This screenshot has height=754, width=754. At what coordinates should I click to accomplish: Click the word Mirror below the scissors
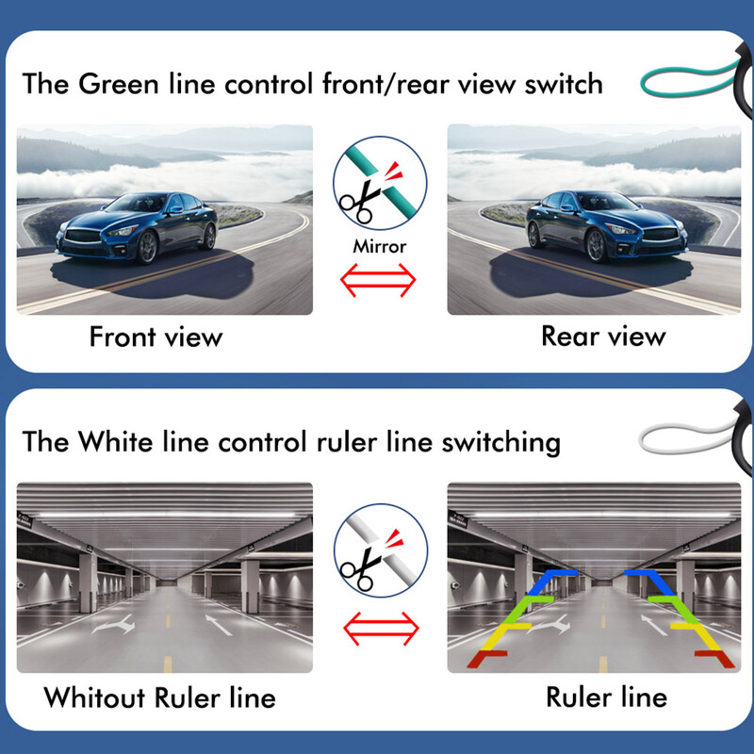click(380, 247)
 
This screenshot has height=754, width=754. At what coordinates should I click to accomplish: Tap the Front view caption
click(156, 336)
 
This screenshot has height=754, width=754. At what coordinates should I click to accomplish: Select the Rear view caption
click(603, 336)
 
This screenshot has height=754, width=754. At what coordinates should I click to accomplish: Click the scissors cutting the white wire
click(359, 565)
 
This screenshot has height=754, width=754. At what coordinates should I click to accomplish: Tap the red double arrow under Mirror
click(380, 278)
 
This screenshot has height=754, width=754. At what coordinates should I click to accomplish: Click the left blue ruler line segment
click(549, 581)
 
